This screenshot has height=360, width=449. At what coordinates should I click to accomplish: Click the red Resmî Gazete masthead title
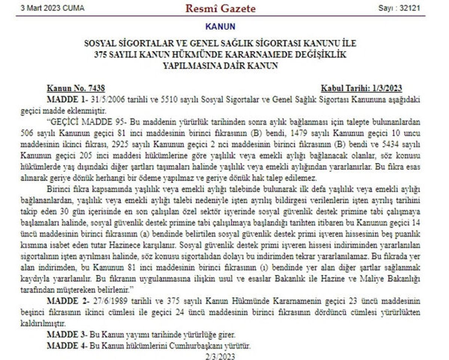coord(220,8)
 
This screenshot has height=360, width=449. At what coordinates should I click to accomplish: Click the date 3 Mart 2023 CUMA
coord(52,8)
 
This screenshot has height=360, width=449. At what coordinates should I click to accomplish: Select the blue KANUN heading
coord(220,27)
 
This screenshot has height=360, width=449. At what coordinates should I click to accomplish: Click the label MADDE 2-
coord(68,301)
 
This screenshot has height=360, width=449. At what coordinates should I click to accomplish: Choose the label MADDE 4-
coord(67,345)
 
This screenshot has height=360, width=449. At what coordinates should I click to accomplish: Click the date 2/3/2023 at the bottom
coord(220,356)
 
